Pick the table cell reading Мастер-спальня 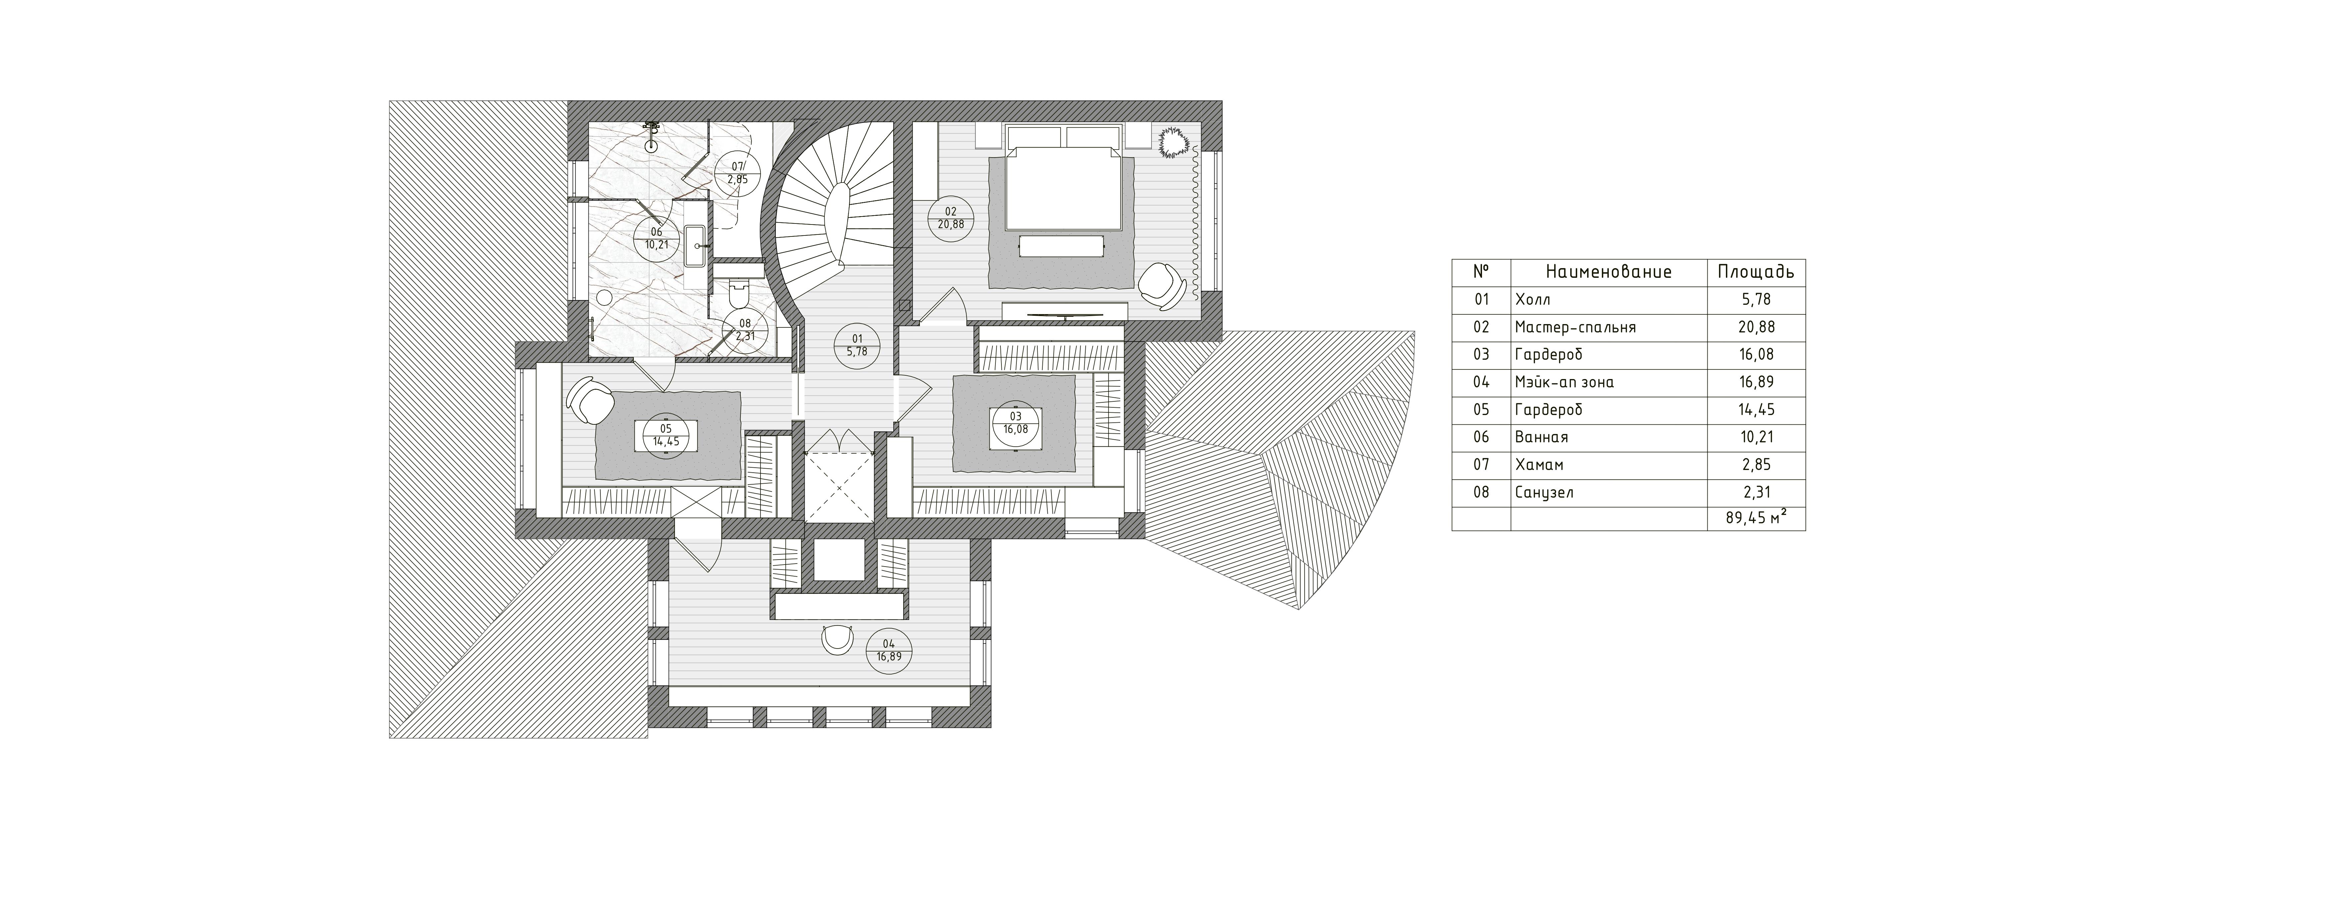coord(1575,327)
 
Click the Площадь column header coord(1756,272)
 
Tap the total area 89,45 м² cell coord(1756,519)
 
